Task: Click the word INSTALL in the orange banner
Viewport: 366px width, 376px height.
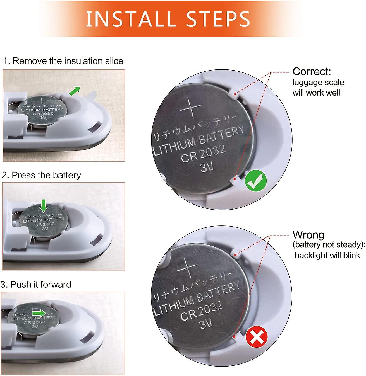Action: (131, 19)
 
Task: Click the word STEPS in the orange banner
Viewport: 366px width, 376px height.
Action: (218, 19)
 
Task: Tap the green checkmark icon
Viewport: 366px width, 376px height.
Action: (255, 181)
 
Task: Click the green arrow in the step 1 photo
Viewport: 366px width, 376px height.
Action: (75, 91)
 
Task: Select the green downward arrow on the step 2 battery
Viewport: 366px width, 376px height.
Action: (44, 206)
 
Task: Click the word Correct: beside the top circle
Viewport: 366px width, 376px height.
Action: (312, 71)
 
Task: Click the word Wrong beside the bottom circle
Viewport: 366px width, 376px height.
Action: (308, 235)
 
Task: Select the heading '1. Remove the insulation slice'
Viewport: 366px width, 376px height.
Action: (63, 61)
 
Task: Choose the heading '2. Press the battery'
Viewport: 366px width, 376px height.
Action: (41, 175)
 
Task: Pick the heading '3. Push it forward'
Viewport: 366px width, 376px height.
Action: (36, 284)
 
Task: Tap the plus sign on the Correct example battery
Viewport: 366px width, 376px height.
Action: (191, 107)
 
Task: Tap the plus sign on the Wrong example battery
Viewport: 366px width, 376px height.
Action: (187, 268)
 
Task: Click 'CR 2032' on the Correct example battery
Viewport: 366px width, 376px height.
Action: (203, 154)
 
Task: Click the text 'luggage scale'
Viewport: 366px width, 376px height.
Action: (318, 83)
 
